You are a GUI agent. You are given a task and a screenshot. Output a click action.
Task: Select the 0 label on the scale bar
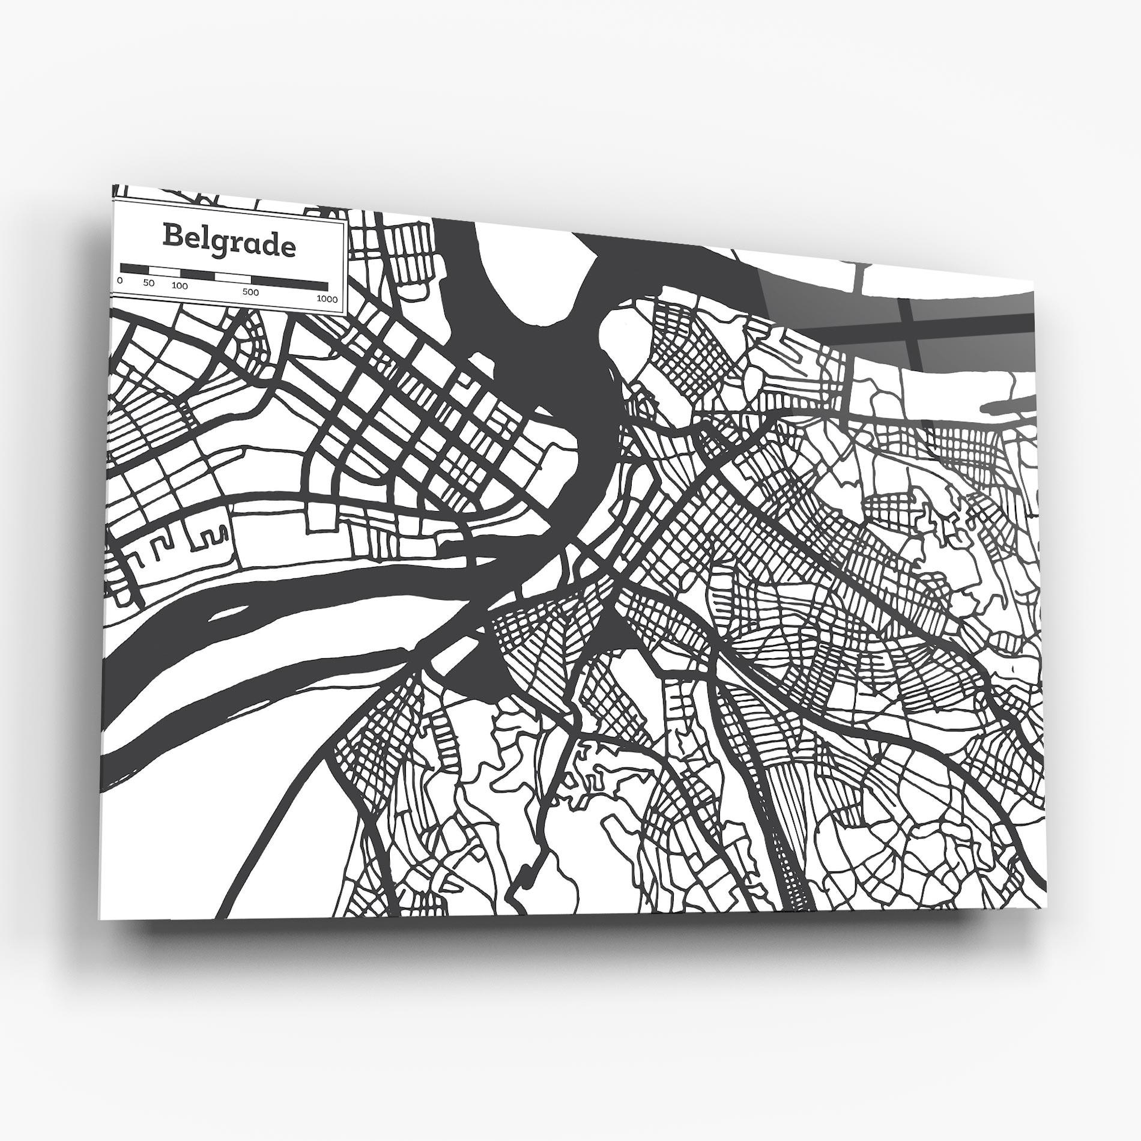[x=120, y=280]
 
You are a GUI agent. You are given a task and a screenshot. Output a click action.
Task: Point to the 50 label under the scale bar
[x=150, y=283]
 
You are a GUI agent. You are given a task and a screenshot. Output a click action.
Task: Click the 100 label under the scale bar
[x=180, y=286]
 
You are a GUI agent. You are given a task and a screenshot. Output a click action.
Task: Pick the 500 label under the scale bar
[x=251, y=292]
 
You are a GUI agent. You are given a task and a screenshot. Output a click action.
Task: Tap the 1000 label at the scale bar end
[x=327, y=299]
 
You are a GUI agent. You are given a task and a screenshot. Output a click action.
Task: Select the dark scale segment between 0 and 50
[x=135, y=268]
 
